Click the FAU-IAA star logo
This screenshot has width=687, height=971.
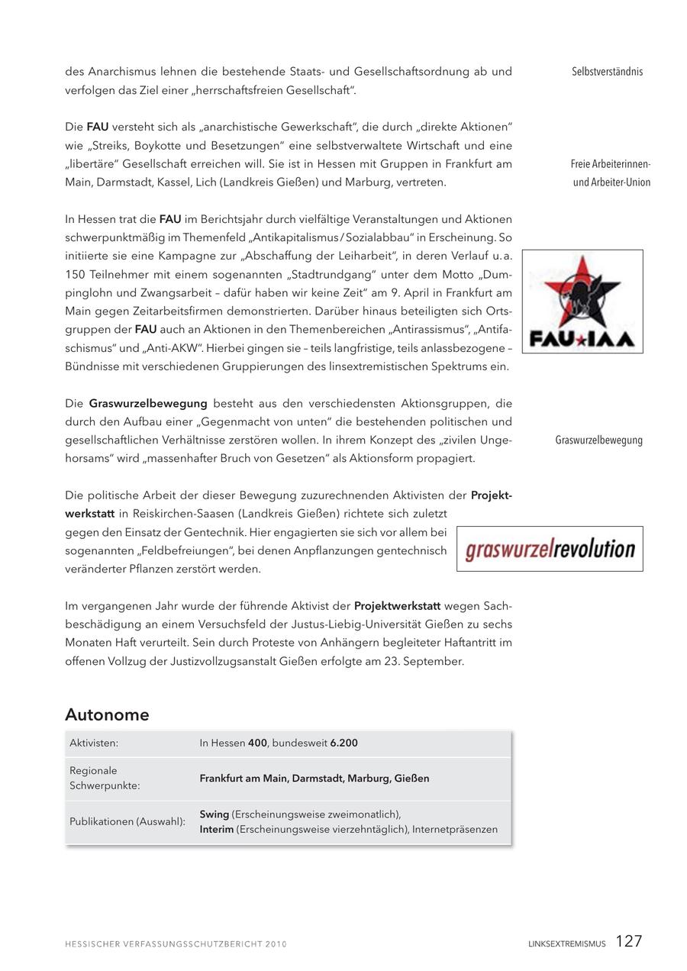pyautogui.click(x=582, y=301)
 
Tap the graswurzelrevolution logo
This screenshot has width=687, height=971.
pyautogui.click(x=550, y=549)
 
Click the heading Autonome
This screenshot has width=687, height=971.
pyautogui.click(x=107, y=715)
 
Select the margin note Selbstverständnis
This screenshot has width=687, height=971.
pyautogui.click(x=607, y=72)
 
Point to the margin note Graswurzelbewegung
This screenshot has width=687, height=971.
pyautogui.click(x=598, y=440)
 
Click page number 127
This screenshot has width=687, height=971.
pyautogui.click(x=629, y=941)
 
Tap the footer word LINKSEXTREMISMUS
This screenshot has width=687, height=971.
pyautogui.click(x=566, y=944)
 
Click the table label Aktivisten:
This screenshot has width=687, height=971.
pyautogui.click(x=94, y=743)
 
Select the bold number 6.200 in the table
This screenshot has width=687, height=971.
pyautogui.click(x=343, y=743)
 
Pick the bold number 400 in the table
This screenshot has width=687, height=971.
pyautogui.click(x=258, y=743)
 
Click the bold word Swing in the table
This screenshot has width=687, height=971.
pyautogui.click(x=214, y=815)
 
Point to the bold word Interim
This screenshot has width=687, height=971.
pyautogui.click(x=217, y=829)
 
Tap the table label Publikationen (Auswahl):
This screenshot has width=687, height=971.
pyautogui.click(x=127, y=821)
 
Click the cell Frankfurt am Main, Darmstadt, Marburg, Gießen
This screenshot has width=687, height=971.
pyautogui.click(x=314, y=779)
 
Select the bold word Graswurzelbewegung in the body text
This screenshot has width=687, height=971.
pyautogui.click(x=148, y=403)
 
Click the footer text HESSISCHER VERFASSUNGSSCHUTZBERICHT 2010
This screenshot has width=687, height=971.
pyautogui.click(x=176, y=944)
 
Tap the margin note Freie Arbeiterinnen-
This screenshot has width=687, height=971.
pyautogui.click(x=610, y=164)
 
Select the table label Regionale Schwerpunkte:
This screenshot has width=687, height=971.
pyautogui.click(x=105, y=778)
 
